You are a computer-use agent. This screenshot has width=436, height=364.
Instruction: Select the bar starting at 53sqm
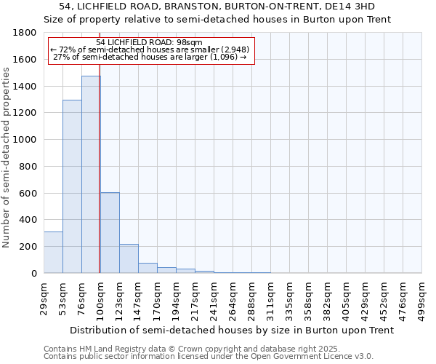pos(72,186)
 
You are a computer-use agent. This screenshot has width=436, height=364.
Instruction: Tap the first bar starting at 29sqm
pos(53,252)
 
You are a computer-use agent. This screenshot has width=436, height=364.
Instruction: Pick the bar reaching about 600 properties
pos(110,233)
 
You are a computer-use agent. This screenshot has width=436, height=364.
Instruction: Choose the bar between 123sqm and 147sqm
pos(129,258)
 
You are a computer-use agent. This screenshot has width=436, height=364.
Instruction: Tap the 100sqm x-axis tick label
pos(100,298)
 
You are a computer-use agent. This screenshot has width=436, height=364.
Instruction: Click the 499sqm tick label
pos(421,298)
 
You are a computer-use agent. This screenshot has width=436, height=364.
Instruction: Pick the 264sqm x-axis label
pos(233,298)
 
